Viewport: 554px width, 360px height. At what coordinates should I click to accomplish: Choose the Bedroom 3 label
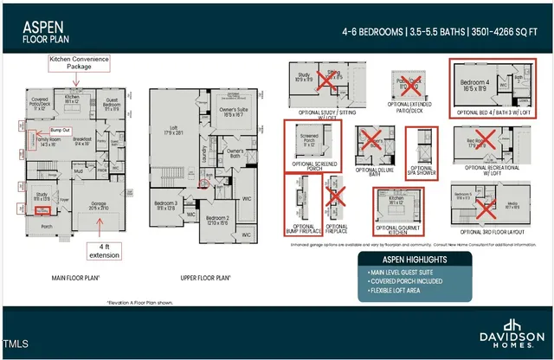167,206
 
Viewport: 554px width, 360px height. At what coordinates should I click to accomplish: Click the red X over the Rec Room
486,139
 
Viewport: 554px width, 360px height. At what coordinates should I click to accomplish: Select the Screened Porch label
309,139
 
